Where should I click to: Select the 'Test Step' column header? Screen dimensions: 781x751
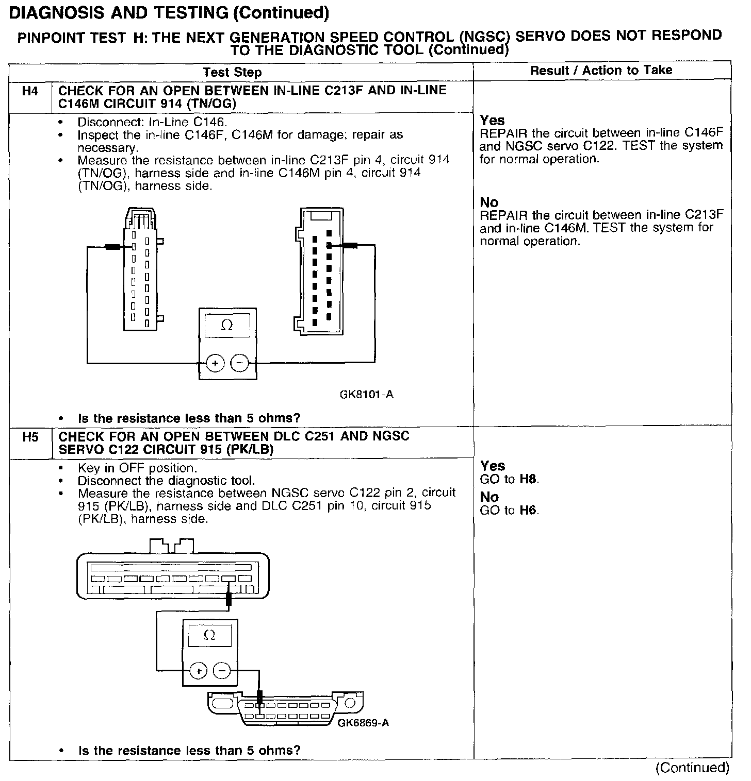click(x=232, y=72)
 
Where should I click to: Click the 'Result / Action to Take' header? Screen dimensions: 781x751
click(x=601, y=70)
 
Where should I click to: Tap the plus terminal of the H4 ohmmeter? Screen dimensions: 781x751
click(x=215, y=364)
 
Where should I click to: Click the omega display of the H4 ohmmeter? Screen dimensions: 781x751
click(x=227, y=326)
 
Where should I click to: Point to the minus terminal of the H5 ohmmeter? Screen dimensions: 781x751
click(x=222, y=671)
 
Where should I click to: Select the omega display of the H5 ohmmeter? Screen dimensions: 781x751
click(x=210, y=635)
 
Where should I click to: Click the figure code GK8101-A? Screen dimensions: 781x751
click(x=366, y=395)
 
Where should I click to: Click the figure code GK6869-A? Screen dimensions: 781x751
click(x=363, y=723)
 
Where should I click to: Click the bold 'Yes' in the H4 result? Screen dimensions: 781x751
click(x=492, y=121)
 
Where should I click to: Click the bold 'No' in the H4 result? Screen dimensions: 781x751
click(x=489, y=202)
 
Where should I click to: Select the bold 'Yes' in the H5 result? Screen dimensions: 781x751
click(x=492, y=466)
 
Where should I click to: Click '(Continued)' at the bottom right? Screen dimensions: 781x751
click(x=692, y=768)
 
